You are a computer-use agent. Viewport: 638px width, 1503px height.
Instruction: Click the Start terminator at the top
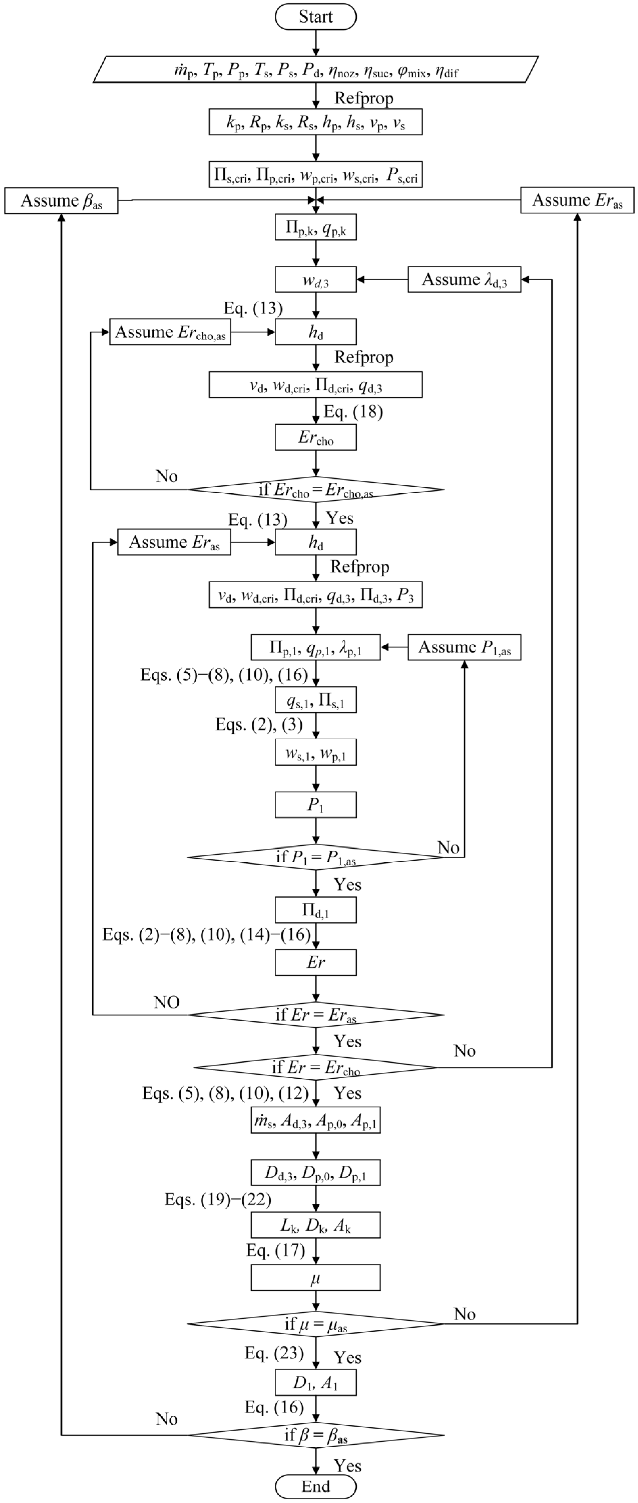click(316, 16)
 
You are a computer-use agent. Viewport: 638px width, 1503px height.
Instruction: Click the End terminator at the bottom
click(316, 1486)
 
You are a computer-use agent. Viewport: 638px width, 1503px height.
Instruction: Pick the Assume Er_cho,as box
click(170, 332)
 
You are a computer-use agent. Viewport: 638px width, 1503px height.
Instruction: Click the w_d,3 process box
click(316, 280)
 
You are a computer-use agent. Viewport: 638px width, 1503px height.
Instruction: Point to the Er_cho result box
click(316, 437)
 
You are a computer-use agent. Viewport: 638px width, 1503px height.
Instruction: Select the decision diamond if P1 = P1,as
click(316, 857)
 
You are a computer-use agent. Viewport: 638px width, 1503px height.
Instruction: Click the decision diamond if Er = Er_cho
click(316, 1067)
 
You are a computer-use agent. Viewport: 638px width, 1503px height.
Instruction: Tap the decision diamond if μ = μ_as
click(316, 1324)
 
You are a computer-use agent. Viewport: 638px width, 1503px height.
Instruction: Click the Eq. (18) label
click(353, 412)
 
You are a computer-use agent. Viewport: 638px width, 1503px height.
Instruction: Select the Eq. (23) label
click(274, 1353)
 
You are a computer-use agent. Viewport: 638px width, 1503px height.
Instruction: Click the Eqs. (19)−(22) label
click(218, 1200)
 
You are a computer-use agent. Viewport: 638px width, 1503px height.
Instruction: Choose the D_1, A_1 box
click(316, 1382)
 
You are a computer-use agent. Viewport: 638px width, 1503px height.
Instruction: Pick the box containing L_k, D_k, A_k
click(316, 1225)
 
